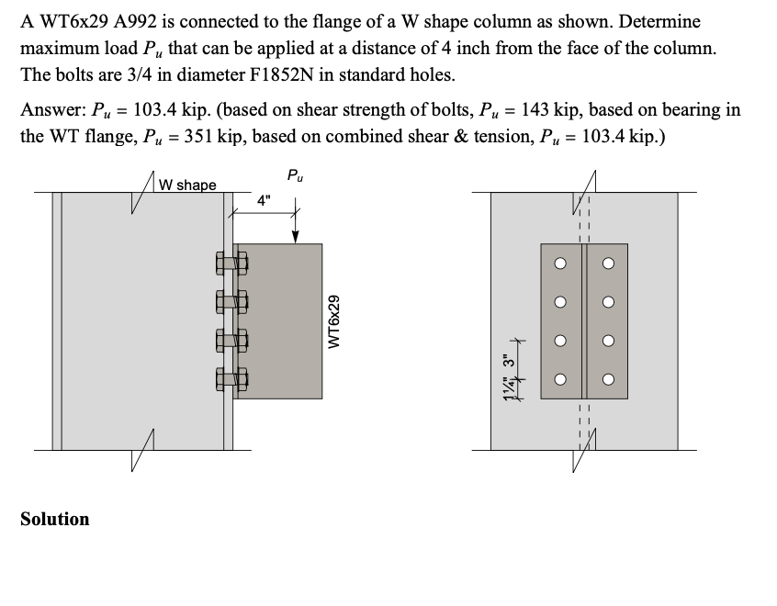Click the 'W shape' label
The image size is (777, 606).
pyautogui.click(x=187, y=185)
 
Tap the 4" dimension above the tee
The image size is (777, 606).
pyautogui.click(x=265, y=200)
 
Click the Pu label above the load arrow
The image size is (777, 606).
pyautogui.click(x=294, y=174)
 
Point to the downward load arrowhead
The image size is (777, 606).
pyautogui.click(x=295, y=236)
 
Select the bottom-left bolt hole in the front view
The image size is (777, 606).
pyautogui.click(x=558, y=379)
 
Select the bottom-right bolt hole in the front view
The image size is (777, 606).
pyautogui.click(x=607, y=379)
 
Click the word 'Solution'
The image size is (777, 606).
pyautogui.click(x=55, y=519)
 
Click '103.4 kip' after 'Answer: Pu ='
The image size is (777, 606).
pyautogui.click(x=168, y=110)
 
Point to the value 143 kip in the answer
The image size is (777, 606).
pyautogui.click(x=549, y=110)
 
